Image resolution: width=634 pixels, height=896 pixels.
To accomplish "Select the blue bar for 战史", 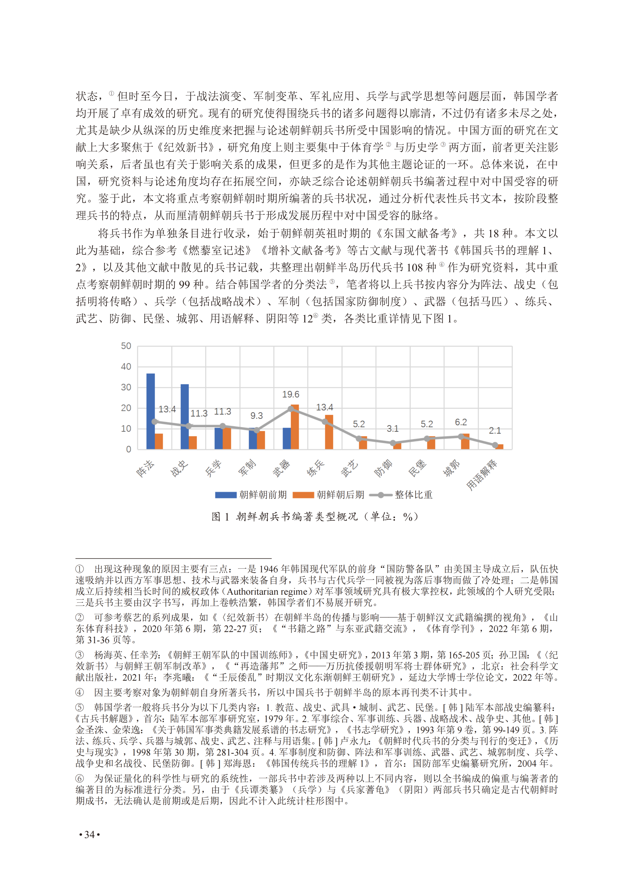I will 185,416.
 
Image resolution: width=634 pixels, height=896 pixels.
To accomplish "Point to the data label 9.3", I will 257,416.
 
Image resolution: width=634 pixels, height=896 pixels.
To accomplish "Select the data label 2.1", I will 495,430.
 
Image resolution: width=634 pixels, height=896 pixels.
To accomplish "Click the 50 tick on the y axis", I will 126,346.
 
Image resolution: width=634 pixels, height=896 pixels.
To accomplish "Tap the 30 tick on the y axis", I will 126,387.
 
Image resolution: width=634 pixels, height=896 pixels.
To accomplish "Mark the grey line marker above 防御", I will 393,443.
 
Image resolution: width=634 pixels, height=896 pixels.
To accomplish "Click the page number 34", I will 89,835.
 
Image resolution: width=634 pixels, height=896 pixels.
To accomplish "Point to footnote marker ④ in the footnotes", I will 80,692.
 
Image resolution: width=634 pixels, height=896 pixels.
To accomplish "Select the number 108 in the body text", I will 415,267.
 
